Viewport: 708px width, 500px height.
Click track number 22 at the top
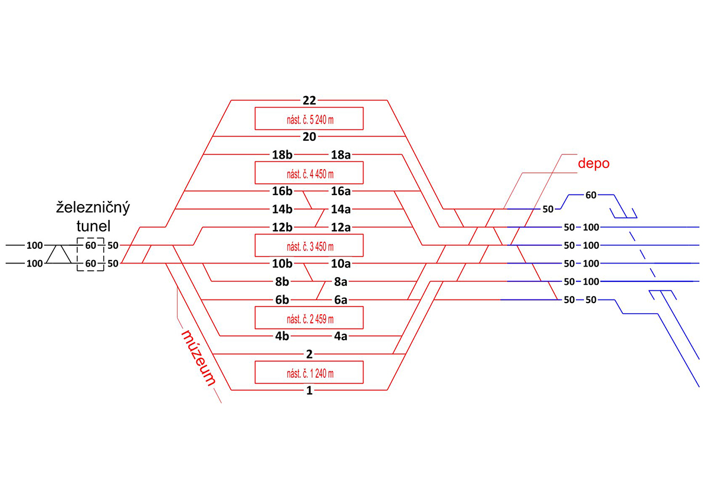[309, 100]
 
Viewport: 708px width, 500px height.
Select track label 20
[309, 136]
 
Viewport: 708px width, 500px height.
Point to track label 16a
[341, 191]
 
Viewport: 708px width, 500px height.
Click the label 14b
[281, 209]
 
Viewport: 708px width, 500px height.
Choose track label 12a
[341, 228]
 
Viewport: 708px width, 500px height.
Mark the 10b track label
[281, 263]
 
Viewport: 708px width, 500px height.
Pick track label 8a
[341, 281]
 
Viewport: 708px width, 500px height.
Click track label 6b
[281, 300]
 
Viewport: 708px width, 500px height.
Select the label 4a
[341, 336]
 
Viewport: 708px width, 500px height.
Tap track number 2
[309, 354]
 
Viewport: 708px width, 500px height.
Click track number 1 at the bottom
[309, 390]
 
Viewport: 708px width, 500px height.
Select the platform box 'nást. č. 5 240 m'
[309, 119]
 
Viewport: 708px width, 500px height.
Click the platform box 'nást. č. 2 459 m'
[309, 318]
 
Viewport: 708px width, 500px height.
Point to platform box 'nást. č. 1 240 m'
[309, 372]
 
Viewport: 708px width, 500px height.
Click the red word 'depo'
[593, 163]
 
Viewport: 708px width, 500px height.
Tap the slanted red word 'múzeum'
[198, 357]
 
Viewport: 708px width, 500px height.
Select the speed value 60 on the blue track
[592, 195]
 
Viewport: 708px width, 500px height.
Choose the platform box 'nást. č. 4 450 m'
[309, 173]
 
